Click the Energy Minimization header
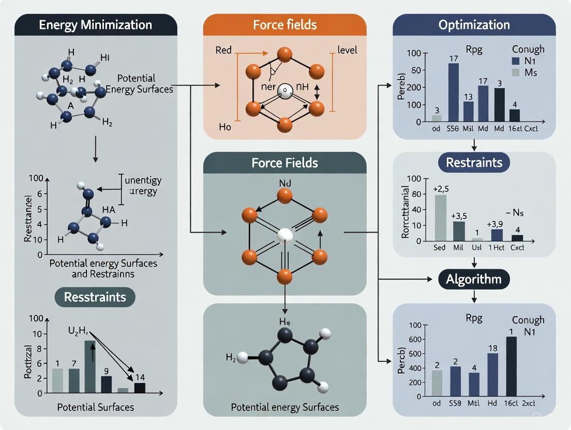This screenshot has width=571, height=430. (96, 25)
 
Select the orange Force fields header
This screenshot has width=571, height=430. (284, 25)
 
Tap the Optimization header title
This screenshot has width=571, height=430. (474, 25)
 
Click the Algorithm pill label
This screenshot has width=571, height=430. (474, 280)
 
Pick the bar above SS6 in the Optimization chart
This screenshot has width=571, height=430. (453, 91)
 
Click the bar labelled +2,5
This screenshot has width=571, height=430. (441, 218)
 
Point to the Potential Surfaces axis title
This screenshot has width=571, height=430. (96, 407)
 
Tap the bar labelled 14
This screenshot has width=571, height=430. (140, 388)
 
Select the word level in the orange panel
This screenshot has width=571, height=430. (347, 51)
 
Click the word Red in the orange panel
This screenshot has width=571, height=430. (223, 51)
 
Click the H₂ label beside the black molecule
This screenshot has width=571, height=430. (232, 357)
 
